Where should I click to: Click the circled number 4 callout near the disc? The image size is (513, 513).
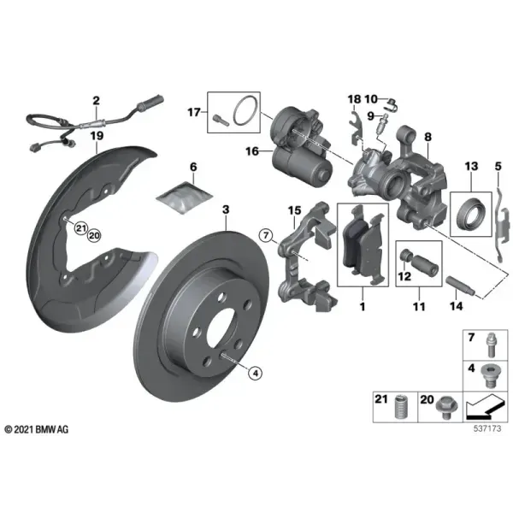pos(255,373)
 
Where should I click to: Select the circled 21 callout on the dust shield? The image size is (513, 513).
pos(81,228)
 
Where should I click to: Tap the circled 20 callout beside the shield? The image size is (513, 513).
pos(94,235)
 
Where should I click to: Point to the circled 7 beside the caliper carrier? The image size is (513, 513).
pos(266,235)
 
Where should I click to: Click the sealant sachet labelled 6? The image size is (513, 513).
pos(185,198)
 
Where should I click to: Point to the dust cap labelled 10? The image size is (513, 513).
pos(392,104)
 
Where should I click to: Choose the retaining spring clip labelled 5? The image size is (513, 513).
pos(502,225)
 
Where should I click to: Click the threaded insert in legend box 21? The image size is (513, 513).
pos(399,407)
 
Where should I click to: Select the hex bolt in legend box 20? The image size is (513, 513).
pos(446,408)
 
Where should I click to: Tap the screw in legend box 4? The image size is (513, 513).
pos(489,376)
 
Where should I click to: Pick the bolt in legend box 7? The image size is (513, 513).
pos(491,344)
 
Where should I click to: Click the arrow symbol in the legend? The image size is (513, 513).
pos(483,407)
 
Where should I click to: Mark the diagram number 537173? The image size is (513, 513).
pos(487,428)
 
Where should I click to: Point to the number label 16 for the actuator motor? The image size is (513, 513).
pos(252,151)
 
